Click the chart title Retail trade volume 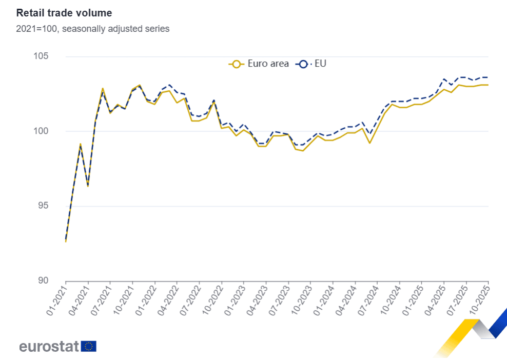[64, 13]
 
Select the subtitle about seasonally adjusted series [92, 29]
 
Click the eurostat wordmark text [49, 346]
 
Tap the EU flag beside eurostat [89, 346]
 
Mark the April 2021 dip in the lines [88, 185]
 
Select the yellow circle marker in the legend [236, 64]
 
